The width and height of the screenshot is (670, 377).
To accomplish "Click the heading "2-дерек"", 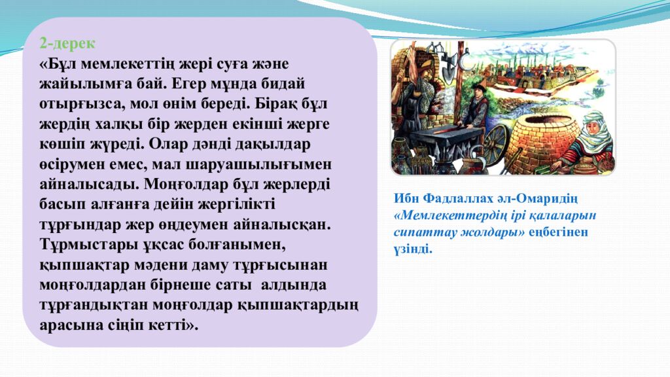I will point(67,44).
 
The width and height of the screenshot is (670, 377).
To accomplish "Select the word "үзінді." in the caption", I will point(414,249).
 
